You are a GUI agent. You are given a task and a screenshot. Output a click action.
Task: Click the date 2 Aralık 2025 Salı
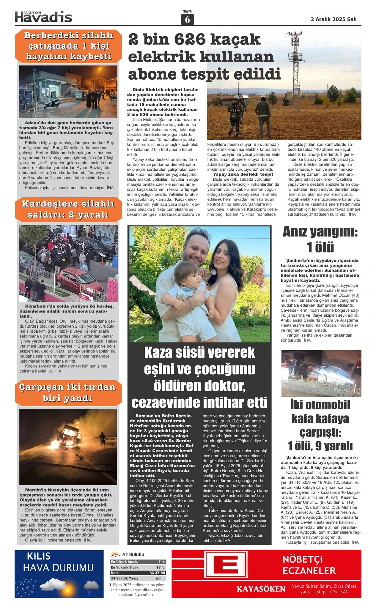click(333, 19)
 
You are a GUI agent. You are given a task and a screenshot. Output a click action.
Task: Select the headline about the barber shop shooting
click(68, 46)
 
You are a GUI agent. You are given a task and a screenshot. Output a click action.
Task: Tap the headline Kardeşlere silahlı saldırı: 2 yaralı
click(68, 209)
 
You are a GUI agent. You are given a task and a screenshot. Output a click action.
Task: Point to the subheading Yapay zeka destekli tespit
click(243, 174)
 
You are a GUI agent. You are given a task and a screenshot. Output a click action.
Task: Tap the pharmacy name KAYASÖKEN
click(261, 589)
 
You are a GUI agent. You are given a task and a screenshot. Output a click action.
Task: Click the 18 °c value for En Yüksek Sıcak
click(160, 567)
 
